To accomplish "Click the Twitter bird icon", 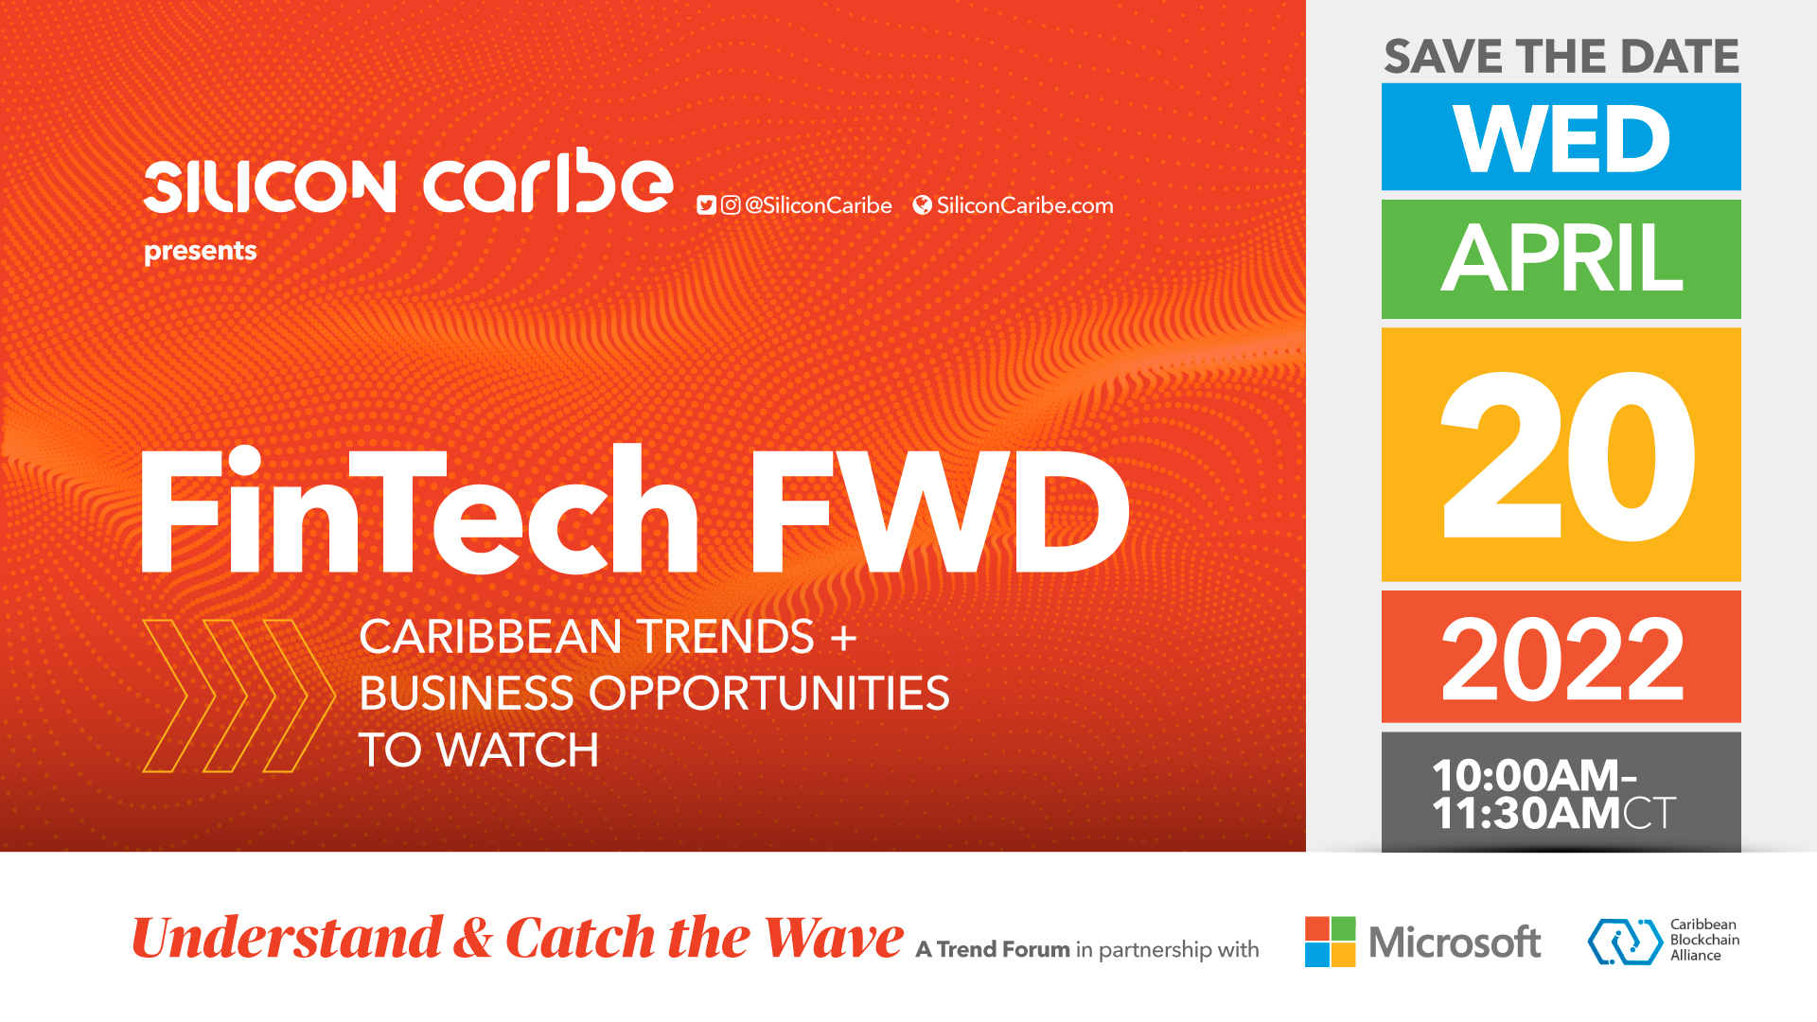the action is (x=706, y=205).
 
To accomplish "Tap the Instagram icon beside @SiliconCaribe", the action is (x=731, y=205).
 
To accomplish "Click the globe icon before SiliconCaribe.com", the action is (x=923, y=205).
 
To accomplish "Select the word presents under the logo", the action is (x=201, y=252).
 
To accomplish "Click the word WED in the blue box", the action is (x=1561, y=139).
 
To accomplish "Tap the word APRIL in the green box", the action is (x=1561, y=258).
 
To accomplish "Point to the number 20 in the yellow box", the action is (x=1567, y=457).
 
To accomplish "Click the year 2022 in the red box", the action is (x=1562, y=659).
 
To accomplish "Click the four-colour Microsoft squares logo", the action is (x=1330, y=942).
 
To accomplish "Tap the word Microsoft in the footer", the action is (x=1455, y=943).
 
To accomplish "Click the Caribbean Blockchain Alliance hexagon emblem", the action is (x=1625, y=942).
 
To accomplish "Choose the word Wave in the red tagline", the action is (x=834, y=938).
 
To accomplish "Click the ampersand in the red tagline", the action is (x=473, y=938).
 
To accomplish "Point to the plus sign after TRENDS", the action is (x=843, y=638).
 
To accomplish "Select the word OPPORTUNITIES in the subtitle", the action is (x=769, y=694).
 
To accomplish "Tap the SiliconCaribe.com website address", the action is (x=1025, y=205).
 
